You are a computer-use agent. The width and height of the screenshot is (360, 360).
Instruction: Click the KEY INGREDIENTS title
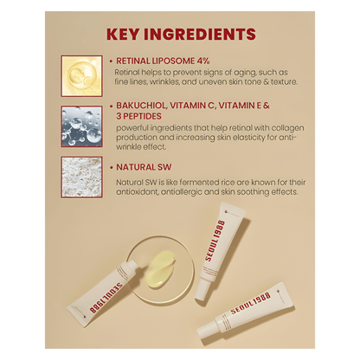(x=179, y=35)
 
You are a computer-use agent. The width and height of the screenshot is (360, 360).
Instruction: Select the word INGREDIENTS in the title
(x=205, y=35)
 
